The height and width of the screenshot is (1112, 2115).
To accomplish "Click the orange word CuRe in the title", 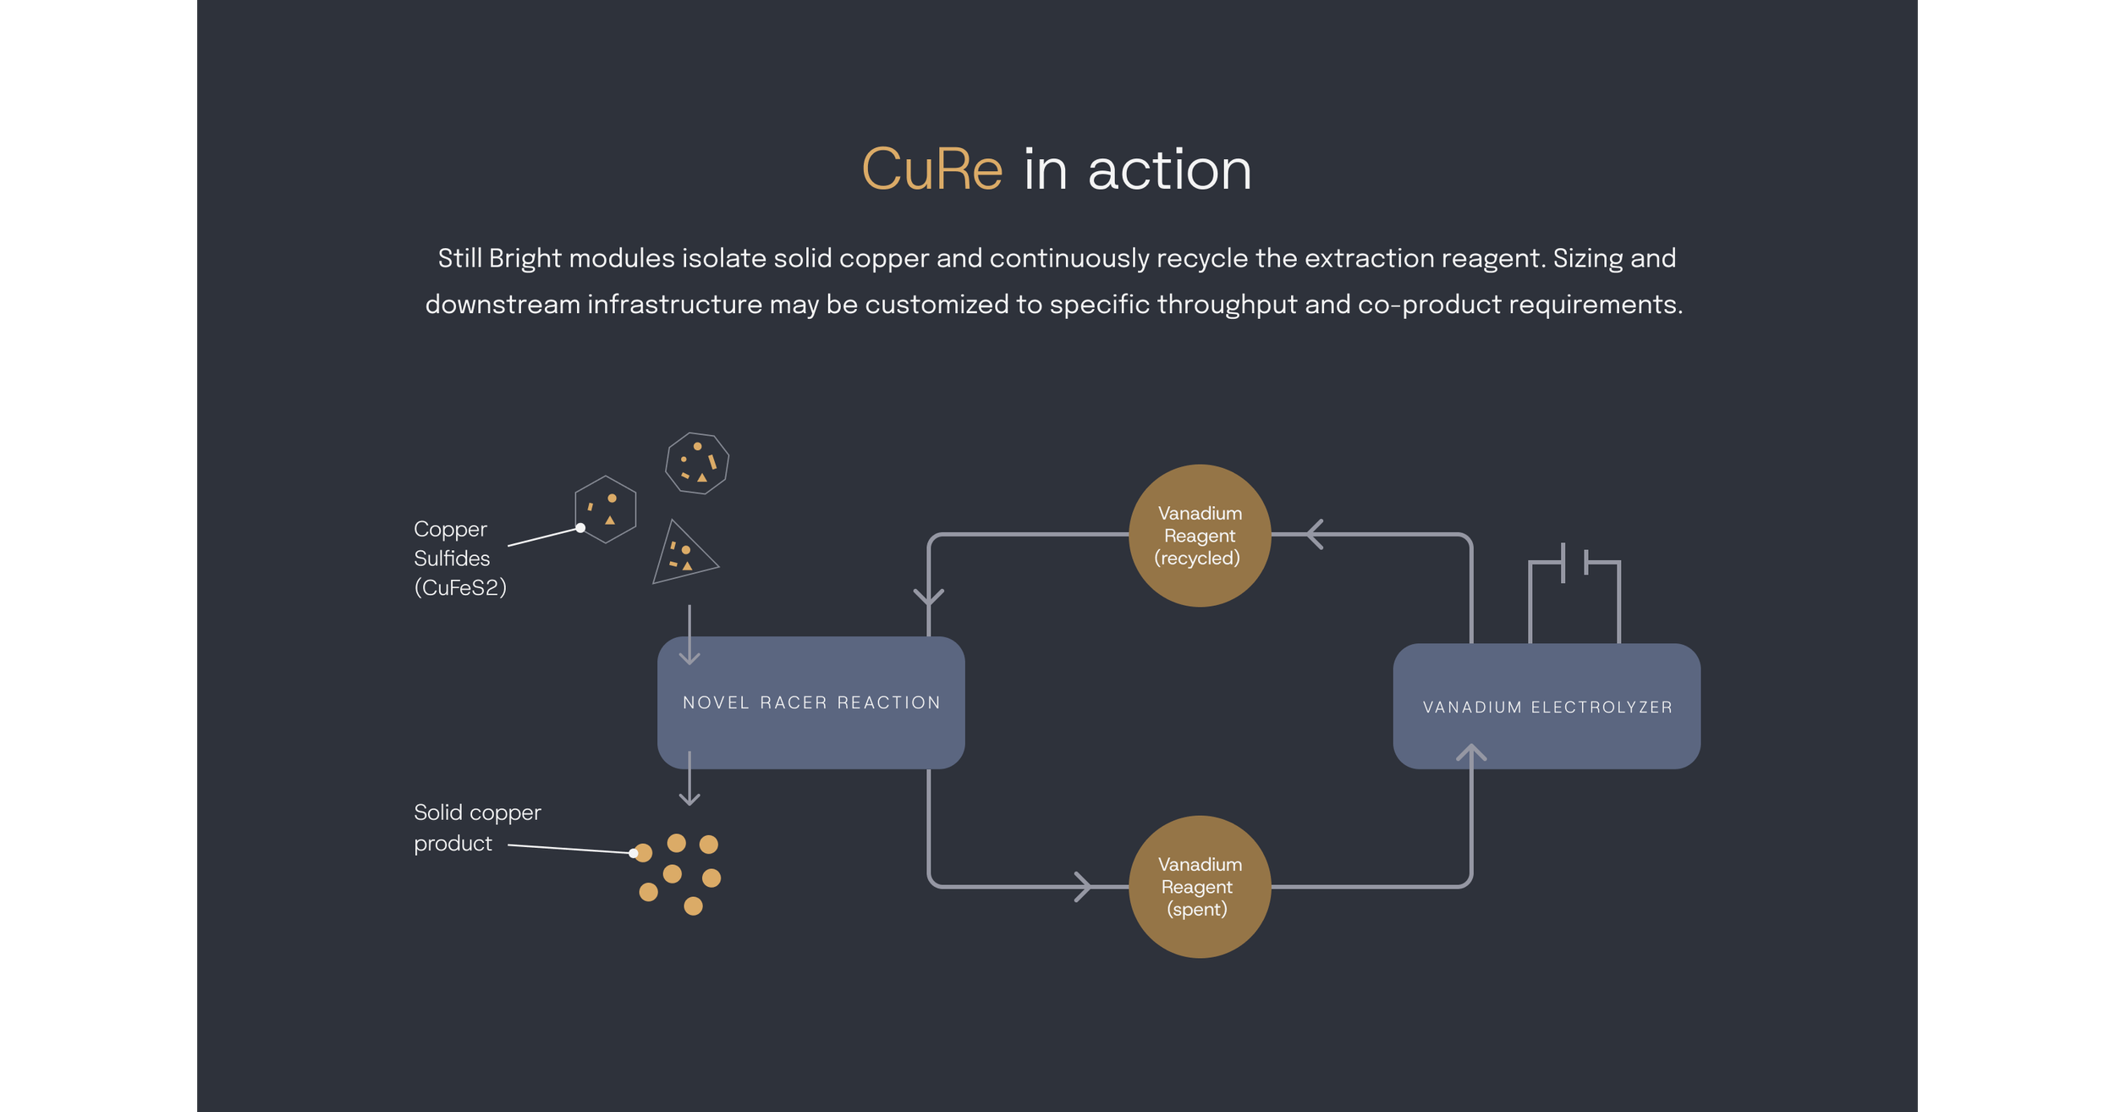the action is click(x=931, y=169).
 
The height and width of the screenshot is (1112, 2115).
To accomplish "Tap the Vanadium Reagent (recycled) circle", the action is click(x=1200, y=535).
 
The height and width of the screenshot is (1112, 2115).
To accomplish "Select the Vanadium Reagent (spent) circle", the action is click(x=1200, y=886).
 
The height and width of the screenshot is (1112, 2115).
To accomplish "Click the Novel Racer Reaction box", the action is click(x=810, y=702).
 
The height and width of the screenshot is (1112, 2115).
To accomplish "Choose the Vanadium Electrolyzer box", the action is click(x=1546, y=706).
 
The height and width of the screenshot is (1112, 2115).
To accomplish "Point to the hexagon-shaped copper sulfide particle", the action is click(x=606, y=509).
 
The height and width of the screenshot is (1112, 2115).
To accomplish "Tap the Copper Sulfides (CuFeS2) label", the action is click(x=459, y=558).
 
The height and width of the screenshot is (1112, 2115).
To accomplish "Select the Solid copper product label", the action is click(x=477, y=828).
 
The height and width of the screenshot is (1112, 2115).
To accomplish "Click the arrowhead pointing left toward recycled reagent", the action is click(x=1315, y=534).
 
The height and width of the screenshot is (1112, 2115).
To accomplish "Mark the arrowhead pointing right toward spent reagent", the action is click(x=1083, y=886).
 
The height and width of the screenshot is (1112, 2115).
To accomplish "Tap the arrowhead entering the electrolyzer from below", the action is click(x=1471, y=752).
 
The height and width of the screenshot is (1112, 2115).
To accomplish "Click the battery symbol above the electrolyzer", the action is click(x=1574, y=593).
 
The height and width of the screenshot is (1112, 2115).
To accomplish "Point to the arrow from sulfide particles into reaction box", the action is click(x=689, y=635).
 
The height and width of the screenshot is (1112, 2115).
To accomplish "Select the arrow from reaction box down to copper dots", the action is click(x=689, y=778).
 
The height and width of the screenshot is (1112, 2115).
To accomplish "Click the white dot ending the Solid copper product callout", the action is click(x=633, y=853).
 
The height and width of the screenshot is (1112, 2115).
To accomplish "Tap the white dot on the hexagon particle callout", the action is click(x=580, y=528).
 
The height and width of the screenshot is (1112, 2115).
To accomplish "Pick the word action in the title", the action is click(x=1169, y=169).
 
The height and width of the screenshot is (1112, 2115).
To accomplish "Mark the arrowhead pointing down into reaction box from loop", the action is click(x=929, y=597).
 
